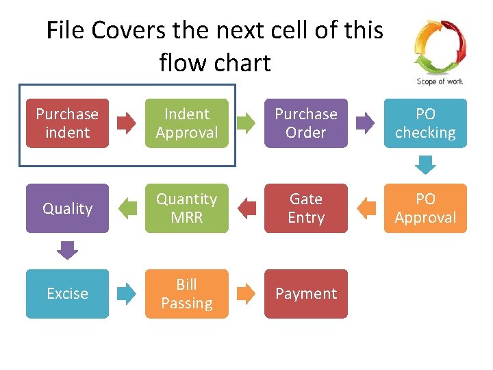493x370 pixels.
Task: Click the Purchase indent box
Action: (67, 123)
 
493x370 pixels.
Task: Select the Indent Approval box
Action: (186, 123)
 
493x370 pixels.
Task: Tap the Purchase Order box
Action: (306, 123)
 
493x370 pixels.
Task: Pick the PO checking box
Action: (425, 123)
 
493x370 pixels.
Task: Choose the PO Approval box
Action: (425, 208)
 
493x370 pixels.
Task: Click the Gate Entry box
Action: (306, 208)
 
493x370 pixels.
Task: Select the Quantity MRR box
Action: (186, 208)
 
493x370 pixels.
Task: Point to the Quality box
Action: (67, 208)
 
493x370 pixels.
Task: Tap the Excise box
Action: (67, 293)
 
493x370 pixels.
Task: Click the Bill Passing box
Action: (186, 293)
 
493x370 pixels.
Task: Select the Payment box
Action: (306, 293)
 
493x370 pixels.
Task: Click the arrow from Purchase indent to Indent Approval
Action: (127, 123)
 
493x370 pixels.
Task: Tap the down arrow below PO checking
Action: (425, 165)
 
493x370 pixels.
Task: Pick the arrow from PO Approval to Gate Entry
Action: (366, 208)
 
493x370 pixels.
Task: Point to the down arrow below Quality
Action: (67, 250)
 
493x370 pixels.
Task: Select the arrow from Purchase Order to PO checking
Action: (366, 123)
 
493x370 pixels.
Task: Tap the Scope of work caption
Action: (440, 82)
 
